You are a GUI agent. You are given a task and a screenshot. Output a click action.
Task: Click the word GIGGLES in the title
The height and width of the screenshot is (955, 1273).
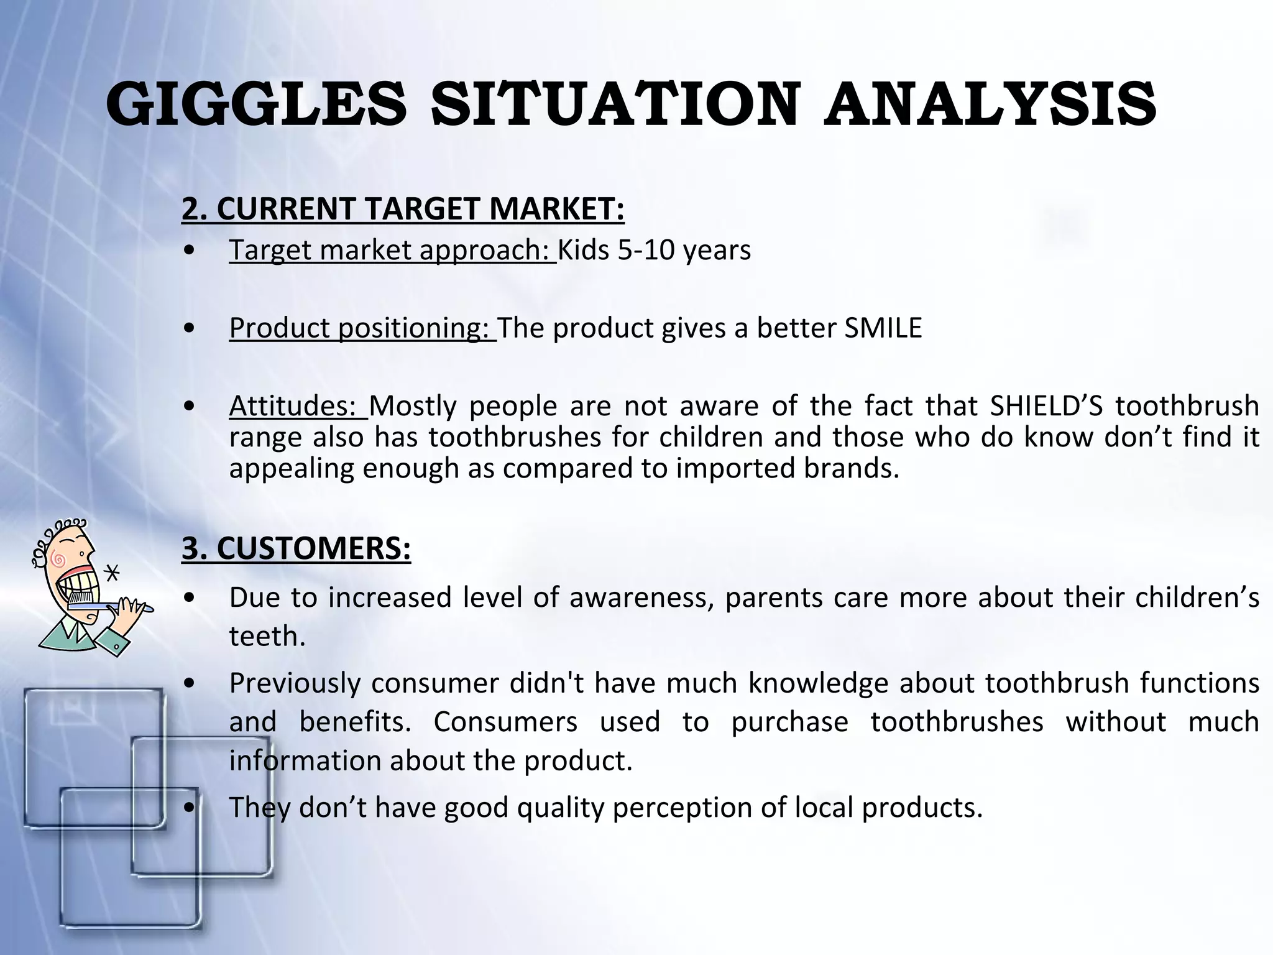(x=256, y=104)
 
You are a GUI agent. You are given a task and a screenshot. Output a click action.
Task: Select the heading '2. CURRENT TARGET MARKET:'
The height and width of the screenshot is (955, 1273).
(x=403, y=209)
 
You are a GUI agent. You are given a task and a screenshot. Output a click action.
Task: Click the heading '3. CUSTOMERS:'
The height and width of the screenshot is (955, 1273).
(x=296, y=548)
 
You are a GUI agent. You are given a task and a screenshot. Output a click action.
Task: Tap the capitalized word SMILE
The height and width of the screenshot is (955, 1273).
(x=883, y=328)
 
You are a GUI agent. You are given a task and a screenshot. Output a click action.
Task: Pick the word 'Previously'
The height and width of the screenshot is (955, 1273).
(x=295, y=683)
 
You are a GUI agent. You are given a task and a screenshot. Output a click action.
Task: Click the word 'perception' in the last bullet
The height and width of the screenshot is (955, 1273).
(x=678, y=808)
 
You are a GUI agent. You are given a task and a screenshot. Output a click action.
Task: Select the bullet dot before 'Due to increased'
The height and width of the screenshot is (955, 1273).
(x=191, y=598)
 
